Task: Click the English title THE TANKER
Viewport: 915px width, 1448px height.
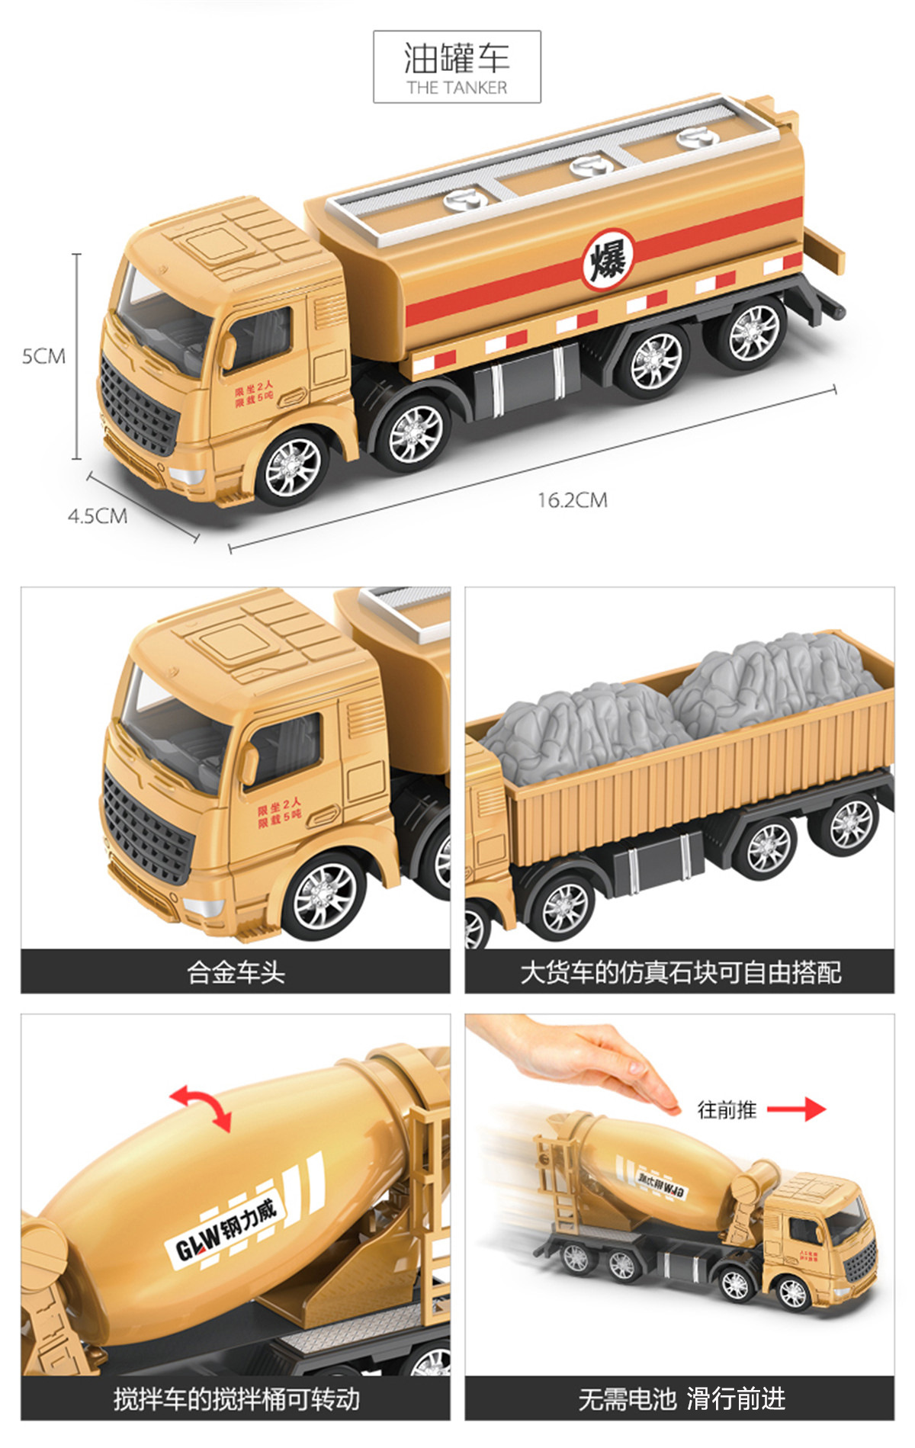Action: pos(457,88)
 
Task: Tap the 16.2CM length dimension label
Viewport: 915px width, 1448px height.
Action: pos(572,500)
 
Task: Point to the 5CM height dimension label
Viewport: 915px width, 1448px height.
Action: pos(43,356)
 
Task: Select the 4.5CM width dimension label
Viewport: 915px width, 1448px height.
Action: pos(97,516)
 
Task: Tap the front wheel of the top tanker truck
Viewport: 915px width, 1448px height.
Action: pos(293,467)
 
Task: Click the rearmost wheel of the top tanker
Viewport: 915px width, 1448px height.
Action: pos(753,333)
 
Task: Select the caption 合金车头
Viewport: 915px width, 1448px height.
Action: pos(236,972)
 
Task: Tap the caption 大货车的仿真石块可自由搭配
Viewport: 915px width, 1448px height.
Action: pos(680,972)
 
